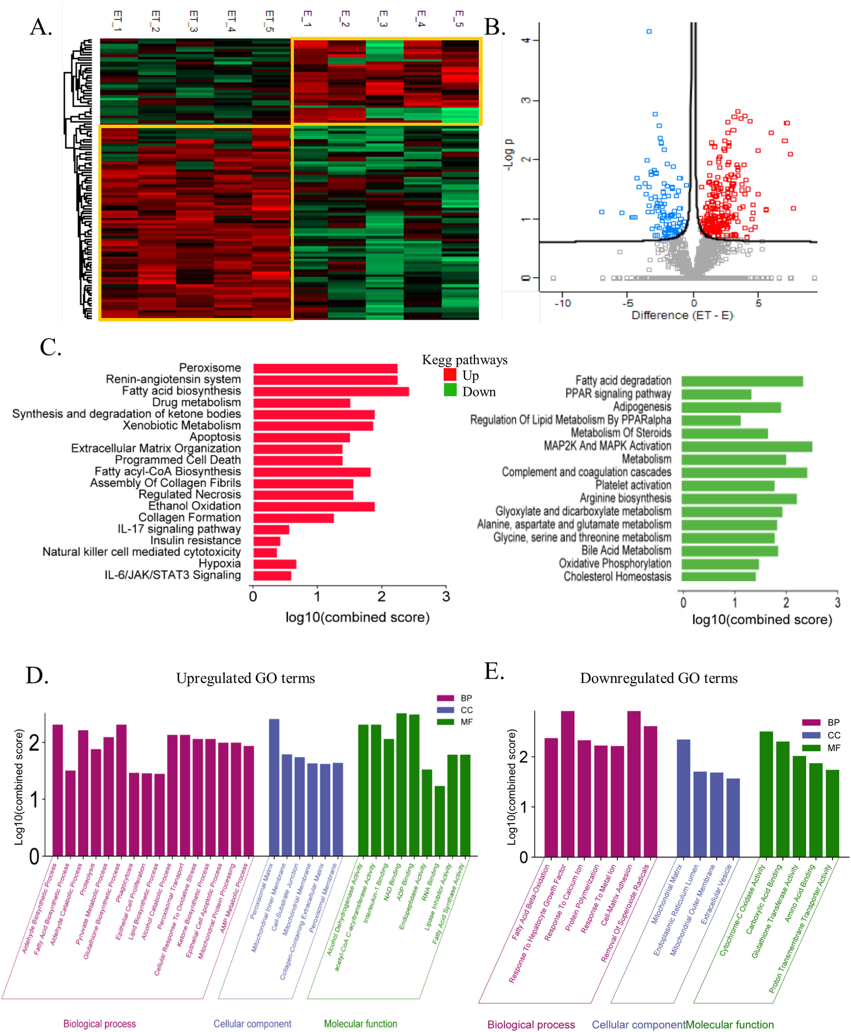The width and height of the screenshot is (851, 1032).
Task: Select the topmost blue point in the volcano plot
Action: click(649, 31)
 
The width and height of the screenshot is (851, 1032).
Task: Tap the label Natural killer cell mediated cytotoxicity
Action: click(142, 552)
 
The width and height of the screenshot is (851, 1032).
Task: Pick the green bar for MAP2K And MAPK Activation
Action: click(746, 446)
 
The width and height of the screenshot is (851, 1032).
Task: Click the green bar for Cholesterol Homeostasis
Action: click(718, 576)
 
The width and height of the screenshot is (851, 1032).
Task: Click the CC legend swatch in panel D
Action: click(445, 710)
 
